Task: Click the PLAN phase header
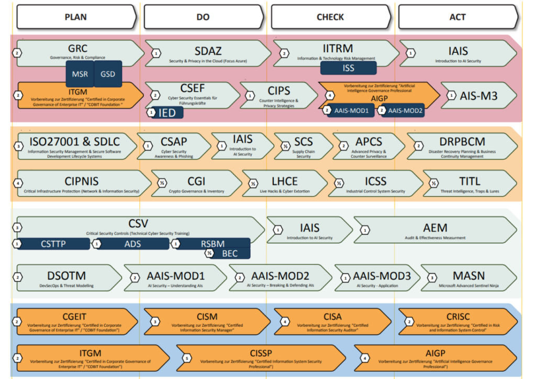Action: click(x=76, y=17)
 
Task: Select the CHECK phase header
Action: click(x=330, y=17)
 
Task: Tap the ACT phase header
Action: click(x=457, y=17)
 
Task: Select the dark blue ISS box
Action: click(x=348, y=68)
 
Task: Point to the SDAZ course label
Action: click(x=208, y=51)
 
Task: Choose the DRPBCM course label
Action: click(x=462, y=142)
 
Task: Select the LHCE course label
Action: click(x=285, y=181)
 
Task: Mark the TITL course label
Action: click(x=470, y=181)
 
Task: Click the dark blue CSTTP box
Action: click(x=54, y=244)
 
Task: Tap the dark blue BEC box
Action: click(x=229, y=254)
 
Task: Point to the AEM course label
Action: click(x=435, y=228)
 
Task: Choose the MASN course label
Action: click(x=468, y=275)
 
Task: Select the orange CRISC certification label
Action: click(x=458, y=316)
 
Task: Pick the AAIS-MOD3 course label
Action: click(x=382, y=275)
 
